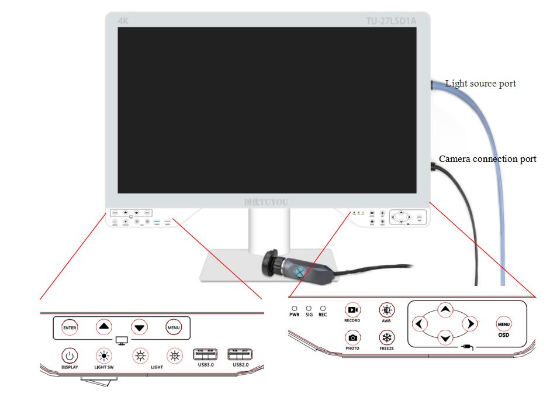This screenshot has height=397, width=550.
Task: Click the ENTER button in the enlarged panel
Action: click(70, 327)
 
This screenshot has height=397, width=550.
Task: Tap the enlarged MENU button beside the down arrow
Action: click(173, 327)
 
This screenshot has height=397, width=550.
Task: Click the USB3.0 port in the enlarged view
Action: click(205, 355)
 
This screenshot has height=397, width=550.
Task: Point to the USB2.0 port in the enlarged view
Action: click(240, 355)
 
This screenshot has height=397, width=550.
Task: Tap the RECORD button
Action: click(352, 310)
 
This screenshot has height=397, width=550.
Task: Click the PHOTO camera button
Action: click(352, 337)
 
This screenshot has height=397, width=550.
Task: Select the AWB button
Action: click(386, 310)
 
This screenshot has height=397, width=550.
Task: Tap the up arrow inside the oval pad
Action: click(445, 309)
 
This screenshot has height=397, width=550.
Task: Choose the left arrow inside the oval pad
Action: click(419, 323)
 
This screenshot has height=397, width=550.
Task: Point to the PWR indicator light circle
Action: click(294, 308)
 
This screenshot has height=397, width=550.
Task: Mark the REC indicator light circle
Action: click(323, 308)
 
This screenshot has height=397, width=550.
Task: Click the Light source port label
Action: click(480, 84)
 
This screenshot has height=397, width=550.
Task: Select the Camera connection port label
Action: click(487, 159)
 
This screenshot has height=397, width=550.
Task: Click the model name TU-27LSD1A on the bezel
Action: click(391, 21)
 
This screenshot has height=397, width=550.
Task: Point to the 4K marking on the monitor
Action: click(123, 21)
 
